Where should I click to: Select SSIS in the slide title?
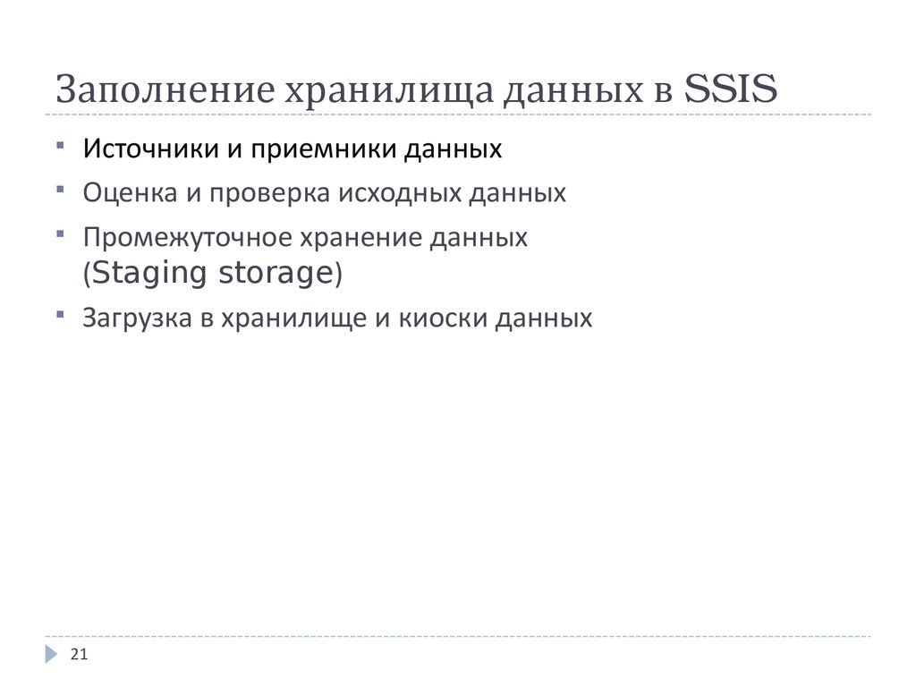tap(730, 91)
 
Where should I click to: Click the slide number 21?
tap(79, 657)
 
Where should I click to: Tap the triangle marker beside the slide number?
tap(51, 656)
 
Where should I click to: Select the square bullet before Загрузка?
tap(59, 313)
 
